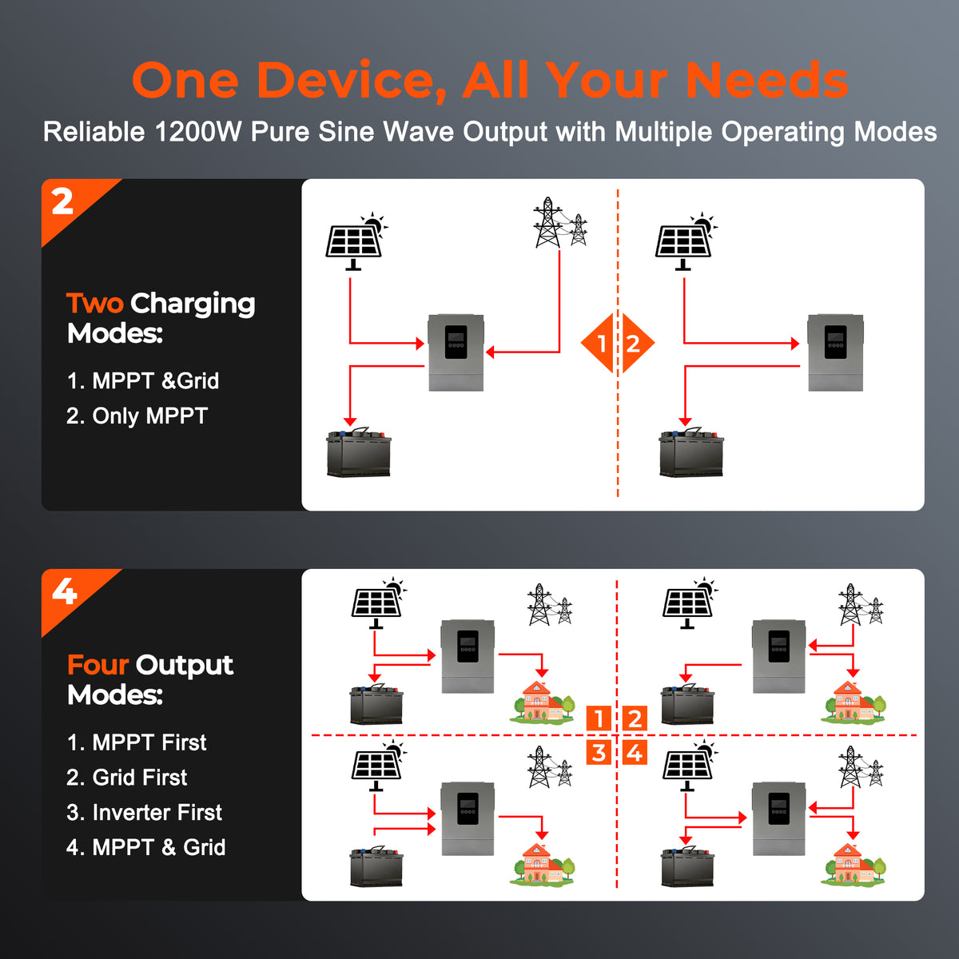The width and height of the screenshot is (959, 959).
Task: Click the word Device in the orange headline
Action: coord(352,81)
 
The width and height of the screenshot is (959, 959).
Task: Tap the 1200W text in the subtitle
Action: coord(198,132)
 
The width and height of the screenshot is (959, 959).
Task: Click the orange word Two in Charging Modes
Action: coord(94,303)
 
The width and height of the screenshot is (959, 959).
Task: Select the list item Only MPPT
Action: coord(137,416)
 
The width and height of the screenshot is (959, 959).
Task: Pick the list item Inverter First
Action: coord(144,812)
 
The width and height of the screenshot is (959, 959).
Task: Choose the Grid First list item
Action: coord(126,778)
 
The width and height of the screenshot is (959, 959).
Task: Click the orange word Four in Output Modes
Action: coord(98,665)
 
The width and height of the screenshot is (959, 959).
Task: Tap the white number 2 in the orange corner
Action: coord(62,202)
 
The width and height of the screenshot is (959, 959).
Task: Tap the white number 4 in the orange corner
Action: coord(65,591)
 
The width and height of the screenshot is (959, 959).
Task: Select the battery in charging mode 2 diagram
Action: coord(691,452)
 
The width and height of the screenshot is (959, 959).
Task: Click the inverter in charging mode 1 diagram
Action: coord(456,352)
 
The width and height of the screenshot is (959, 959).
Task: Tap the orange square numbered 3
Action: coord(599,753)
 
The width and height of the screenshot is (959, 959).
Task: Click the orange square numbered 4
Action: coord(635,753)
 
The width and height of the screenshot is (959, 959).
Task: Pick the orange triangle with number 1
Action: coord(597,344)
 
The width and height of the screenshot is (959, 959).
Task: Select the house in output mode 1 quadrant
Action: coord(542,702)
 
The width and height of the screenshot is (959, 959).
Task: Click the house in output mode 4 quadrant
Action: coord(853,864)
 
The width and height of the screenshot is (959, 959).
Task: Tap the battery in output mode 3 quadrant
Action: coord(376,866)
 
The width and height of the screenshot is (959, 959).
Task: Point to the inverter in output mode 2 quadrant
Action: coord(779,656)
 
